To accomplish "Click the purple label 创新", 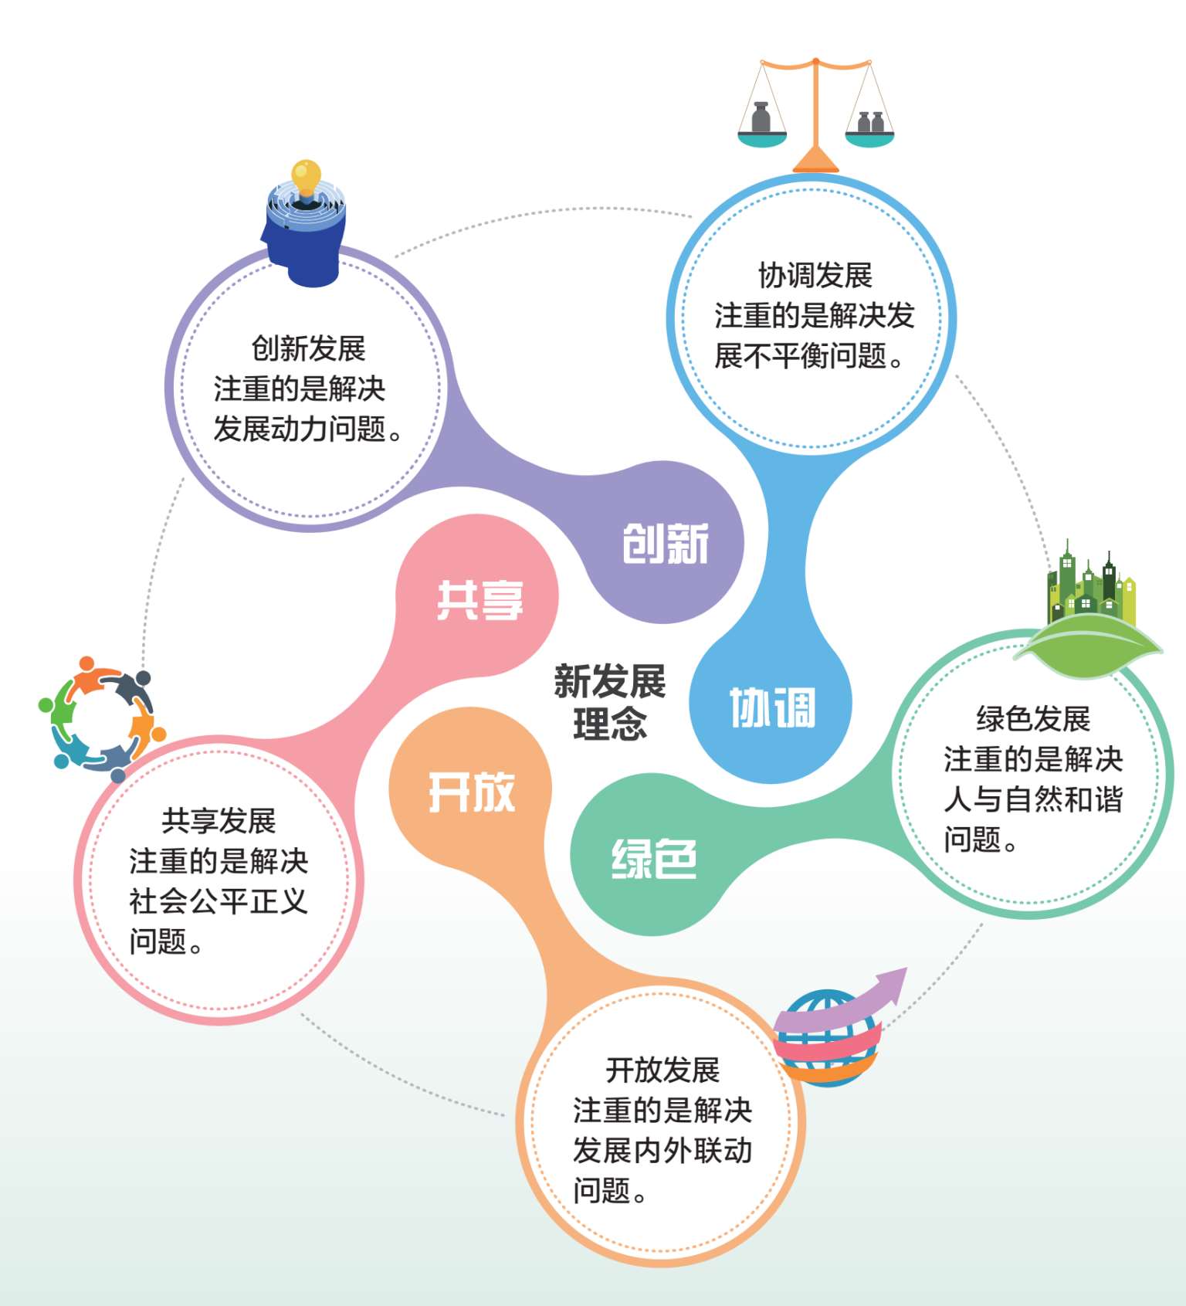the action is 665,544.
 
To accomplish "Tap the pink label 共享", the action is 479,600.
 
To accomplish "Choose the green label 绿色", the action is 654,858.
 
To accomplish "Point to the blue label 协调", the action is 772,707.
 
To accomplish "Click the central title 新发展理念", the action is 609,702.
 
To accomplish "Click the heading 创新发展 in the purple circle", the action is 308,348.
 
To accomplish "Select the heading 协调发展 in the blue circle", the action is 815,275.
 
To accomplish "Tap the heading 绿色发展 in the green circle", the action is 1033,718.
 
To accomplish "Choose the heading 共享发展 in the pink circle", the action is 219,820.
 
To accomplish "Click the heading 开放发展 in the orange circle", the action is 662,1070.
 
